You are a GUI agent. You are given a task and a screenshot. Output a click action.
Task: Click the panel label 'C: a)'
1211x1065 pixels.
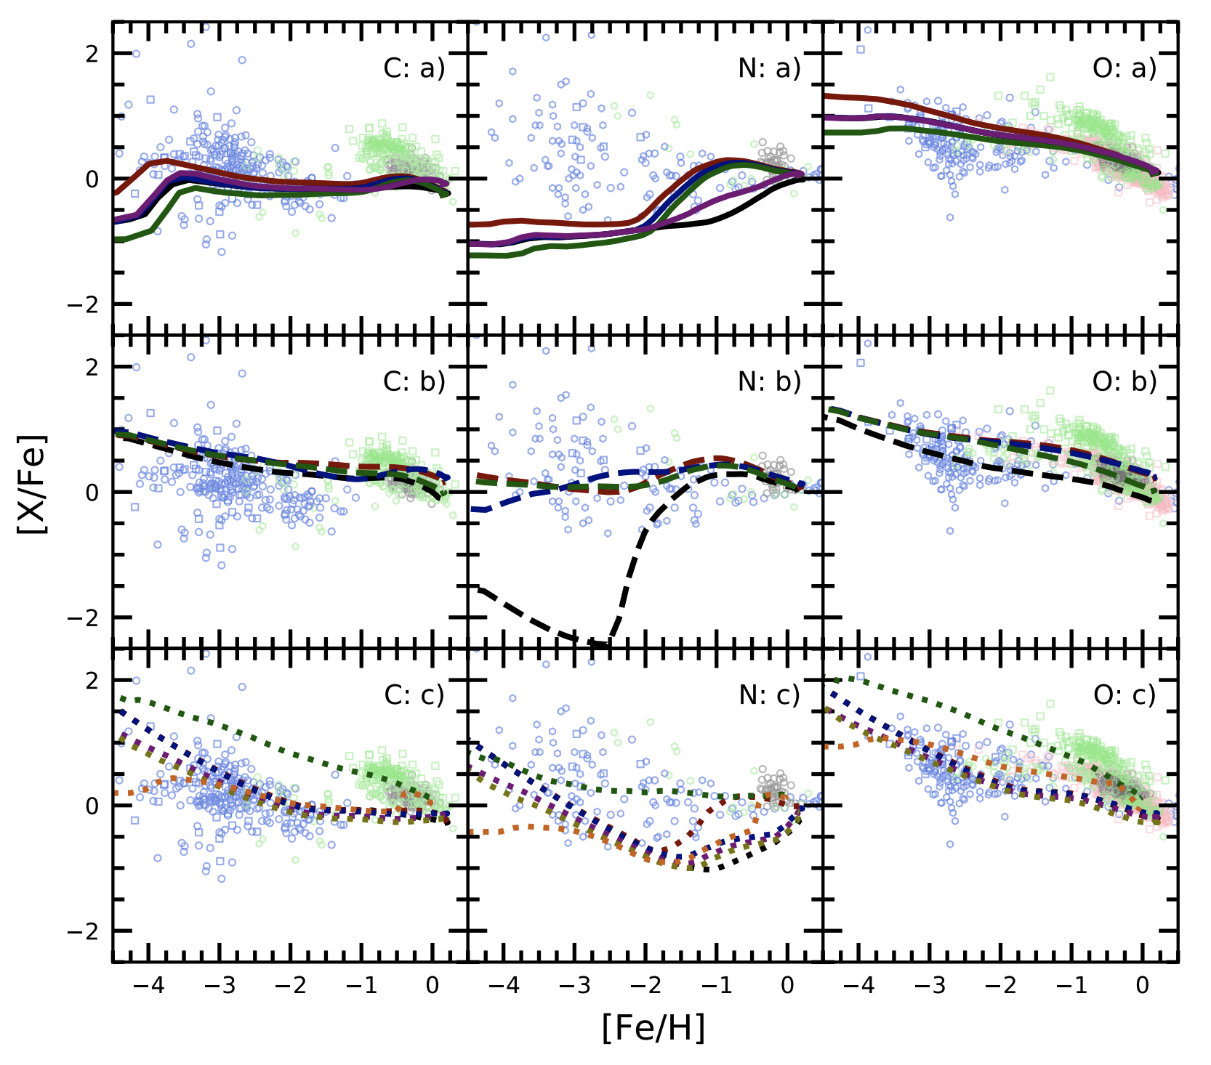coord(414,68)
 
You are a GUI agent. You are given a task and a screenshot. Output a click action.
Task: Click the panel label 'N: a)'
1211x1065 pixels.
coord(769,68)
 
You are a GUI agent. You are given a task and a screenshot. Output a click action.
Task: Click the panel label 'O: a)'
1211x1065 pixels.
coord(1124,68)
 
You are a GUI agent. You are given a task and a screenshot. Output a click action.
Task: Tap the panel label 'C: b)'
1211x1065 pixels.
coord(414,381)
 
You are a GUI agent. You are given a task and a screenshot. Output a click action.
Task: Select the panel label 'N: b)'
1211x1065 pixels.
coord(769,381)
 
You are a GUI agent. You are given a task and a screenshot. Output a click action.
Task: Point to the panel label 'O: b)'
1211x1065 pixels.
coord(1124,381)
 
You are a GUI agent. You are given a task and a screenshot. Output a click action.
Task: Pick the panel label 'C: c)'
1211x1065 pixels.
coord(414,695)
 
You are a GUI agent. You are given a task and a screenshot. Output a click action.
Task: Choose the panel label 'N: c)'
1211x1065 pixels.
coord(769,695)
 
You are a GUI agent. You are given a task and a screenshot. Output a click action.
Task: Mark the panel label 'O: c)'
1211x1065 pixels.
coord(1124,695)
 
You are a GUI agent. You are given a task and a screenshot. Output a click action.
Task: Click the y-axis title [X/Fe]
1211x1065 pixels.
coord(33,485)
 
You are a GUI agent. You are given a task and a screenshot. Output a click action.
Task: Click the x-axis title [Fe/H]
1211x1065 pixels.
coord(653,1027)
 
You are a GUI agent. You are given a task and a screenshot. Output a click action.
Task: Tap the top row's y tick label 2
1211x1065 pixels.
coord(92,54)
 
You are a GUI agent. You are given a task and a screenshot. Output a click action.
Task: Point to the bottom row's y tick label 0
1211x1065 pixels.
coord(92,806)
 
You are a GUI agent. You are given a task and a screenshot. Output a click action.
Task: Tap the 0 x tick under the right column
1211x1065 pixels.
coord(1142,986)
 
